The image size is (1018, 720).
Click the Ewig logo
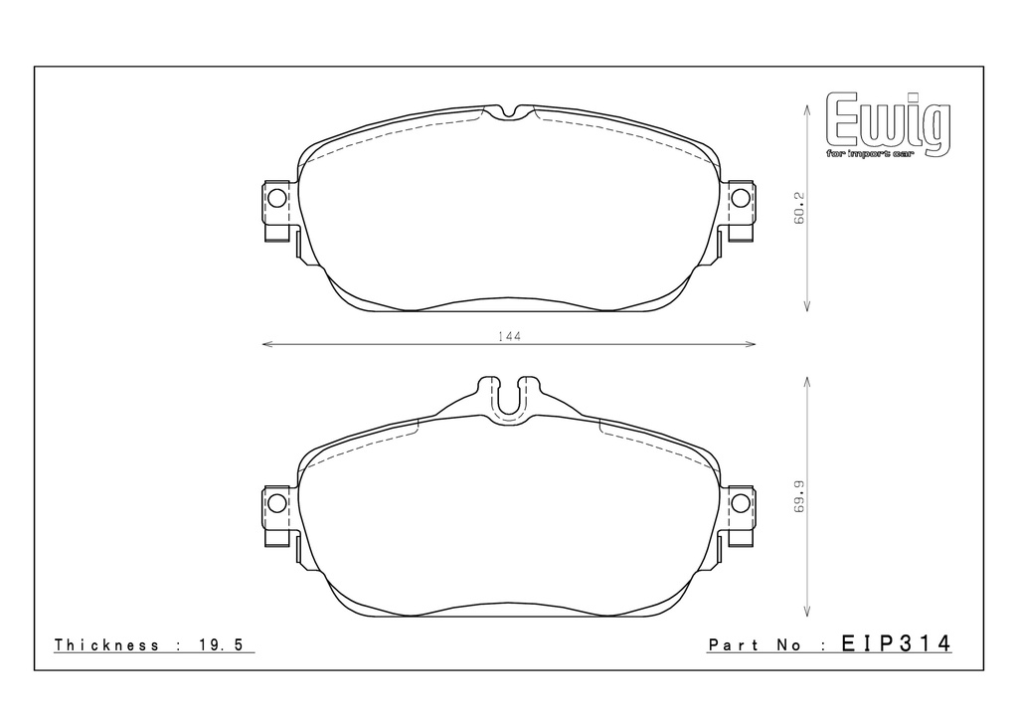[888, 123]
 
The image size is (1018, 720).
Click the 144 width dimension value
[510, 336]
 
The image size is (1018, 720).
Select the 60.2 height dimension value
[799, 208]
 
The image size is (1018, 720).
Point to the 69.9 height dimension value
[799, 496]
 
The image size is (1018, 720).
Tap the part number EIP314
[896, 643]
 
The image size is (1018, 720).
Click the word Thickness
[106, 644]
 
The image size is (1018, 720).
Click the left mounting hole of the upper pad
[277, 198]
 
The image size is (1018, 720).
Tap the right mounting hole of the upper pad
[740, 197]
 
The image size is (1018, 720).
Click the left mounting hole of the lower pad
[277, 502]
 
